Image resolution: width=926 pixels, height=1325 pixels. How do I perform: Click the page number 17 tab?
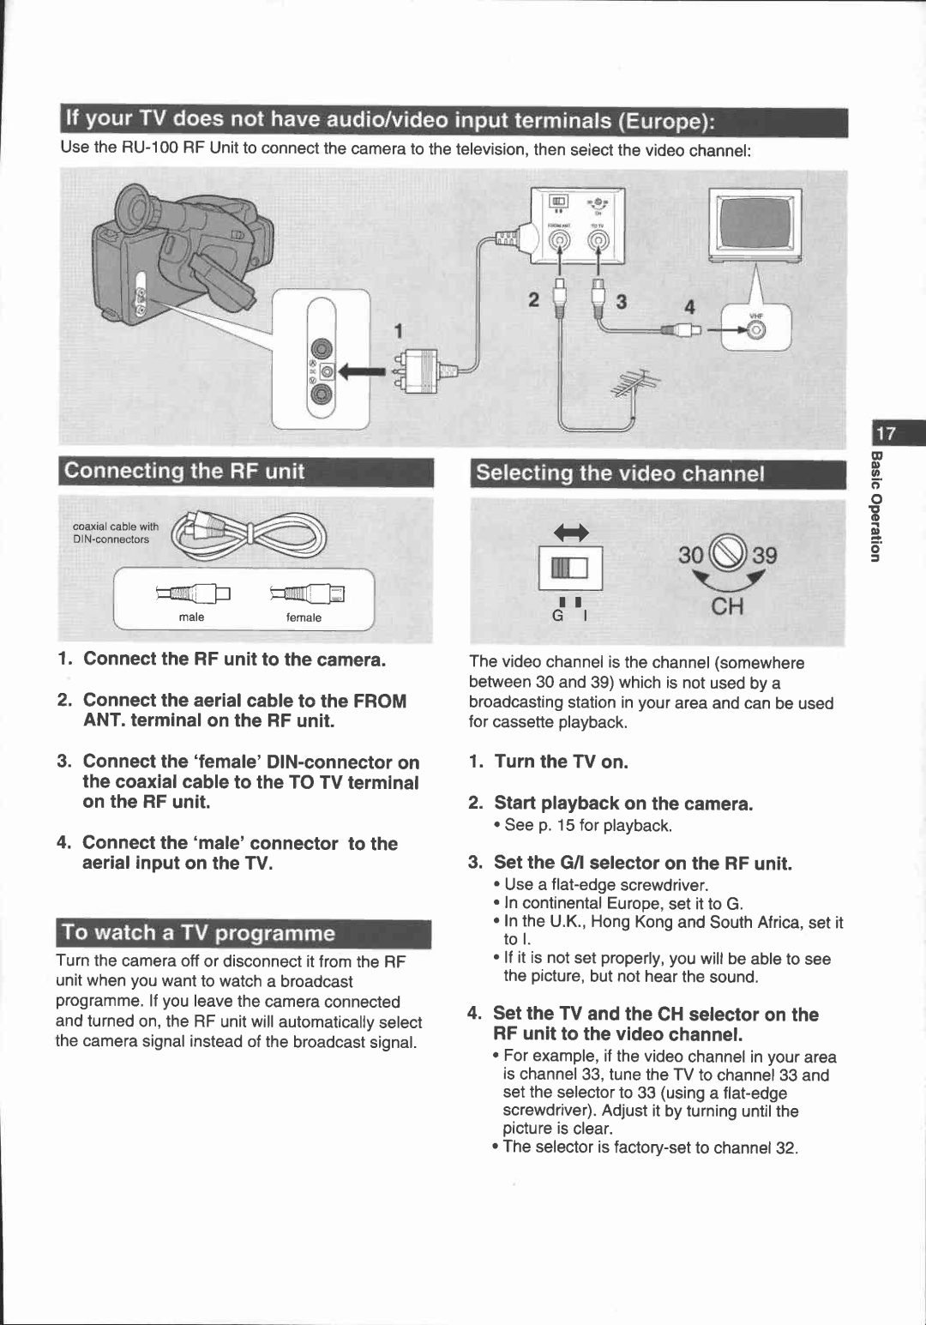pos(885,434)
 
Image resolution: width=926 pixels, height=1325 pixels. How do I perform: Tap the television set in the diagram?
pos(755,225)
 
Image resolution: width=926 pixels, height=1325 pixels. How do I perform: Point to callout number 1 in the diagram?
pos(398,331)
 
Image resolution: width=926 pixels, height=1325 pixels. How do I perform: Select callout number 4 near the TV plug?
pos(688,307)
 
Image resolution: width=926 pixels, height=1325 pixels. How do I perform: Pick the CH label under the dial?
pos(727,607)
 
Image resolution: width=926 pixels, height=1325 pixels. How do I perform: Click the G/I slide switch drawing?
pos(570,569)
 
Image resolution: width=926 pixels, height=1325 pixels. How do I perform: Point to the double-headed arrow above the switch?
pos(571,533)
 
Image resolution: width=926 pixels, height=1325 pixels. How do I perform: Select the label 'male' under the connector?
pos(191,617)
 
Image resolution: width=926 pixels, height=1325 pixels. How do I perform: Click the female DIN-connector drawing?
pos(307,593)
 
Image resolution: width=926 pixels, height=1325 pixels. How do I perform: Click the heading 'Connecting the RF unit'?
pos(184,471)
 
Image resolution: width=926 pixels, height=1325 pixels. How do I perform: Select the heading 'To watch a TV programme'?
pos(199,933)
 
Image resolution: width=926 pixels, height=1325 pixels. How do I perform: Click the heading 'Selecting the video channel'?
pos(620,473)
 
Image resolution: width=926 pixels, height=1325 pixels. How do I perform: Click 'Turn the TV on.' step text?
pos(561,762)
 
